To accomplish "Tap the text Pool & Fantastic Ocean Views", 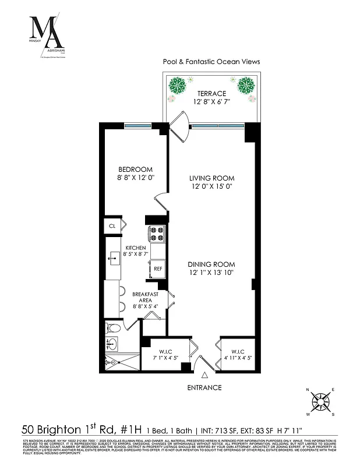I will click(x=210, y=61).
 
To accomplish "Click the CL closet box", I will click(x=112, y=225).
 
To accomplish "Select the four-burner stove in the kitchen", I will click(x=158, y=234).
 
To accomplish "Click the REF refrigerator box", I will click(x=158, y=269).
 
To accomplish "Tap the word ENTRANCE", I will click(x=204, y=387).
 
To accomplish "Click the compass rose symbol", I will click(x=320, y=401).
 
